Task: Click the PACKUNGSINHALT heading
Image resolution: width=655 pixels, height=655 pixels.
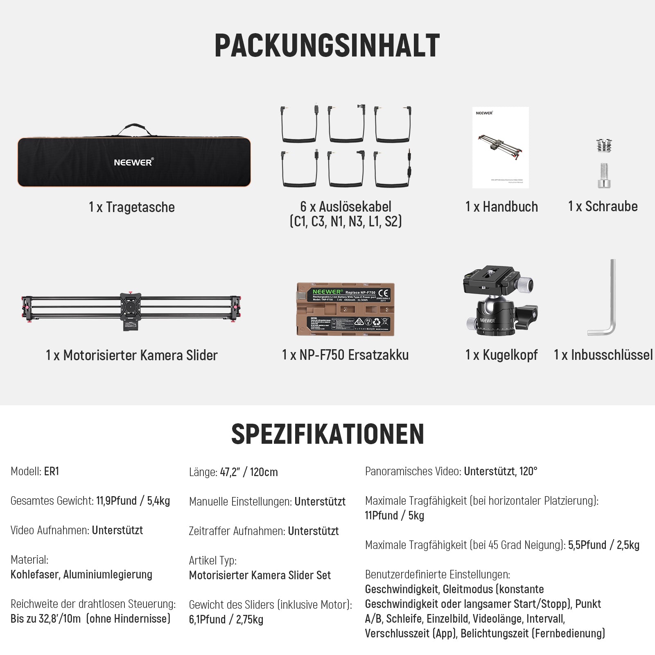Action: (327, 45)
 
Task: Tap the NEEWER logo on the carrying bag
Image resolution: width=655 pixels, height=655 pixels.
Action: (133, 162)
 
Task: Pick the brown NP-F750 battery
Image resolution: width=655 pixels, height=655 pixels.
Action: (345, 309)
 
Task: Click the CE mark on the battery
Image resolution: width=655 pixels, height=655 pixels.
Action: (384, 294)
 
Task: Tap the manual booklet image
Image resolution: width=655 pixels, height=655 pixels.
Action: (500, 147)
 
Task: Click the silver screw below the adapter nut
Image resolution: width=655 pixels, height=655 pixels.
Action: (604, 175)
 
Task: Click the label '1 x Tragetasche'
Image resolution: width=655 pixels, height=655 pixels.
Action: (132, 207)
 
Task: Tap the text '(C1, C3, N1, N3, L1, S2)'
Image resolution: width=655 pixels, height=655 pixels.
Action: (346, 221)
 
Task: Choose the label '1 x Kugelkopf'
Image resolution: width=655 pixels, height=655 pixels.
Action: (501, 355)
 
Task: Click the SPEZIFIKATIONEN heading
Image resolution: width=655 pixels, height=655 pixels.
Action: (327, 434)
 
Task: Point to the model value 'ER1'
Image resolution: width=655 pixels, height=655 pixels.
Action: (52, 472)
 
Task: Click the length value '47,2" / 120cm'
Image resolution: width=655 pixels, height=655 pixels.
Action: (249, 472)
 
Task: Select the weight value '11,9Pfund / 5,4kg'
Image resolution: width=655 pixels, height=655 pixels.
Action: (133, 501)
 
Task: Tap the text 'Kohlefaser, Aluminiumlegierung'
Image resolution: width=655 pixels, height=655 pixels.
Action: (81, 575)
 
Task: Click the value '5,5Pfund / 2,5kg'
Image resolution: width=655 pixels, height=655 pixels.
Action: (603, 545)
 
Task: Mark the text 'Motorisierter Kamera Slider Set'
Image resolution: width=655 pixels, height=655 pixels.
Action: (260, 576)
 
